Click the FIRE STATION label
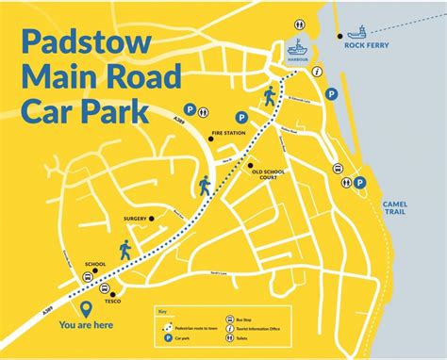click(x=228, y=134)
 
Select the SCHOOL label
click(x=95, y=264)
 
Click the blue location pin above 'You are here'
click(x=88, y=307)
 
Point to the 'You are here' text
click(x=88, y=325)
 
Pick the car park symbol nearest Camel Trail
click(x=359, y=183)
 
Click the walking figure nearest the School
click(x=125, y=249)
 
